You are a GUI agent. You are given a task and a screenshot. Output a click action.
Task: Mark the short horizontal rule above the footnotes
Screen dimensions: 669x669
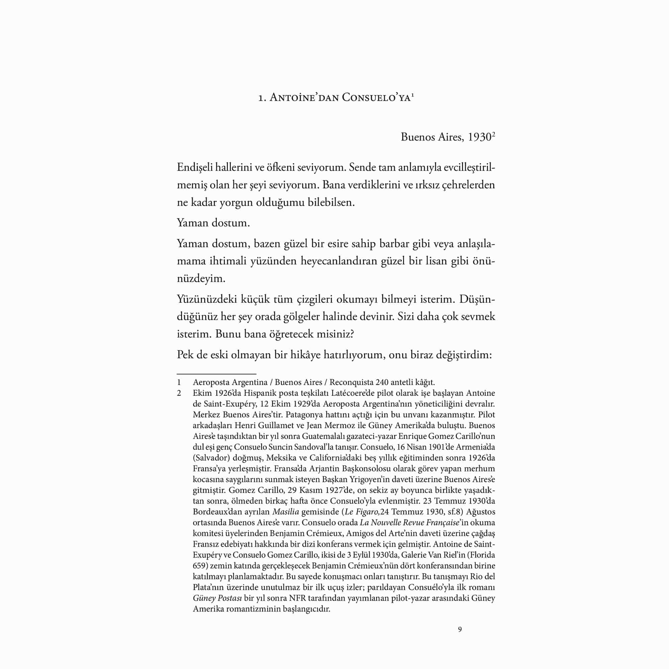pyautogui.click(x=216, y=374)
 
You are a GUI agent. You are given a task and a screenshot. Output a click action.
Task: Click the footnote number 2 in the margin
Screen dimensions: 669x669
pyautogui.click(x=179, y=393)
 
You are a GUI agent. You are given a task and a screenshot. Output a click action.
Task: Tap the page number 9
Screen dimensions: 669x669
pyautogui.click(x=460, y=630)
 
